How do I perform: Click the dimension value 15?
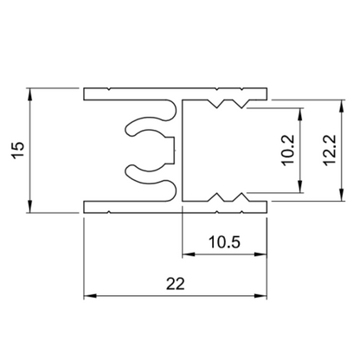(x=20, y=149)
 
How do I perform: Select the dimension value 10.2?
(x=288, y=151)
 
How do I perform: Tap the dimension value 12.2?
(x=326, y=149)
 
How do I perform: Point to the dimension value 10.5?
(x=225, y=242)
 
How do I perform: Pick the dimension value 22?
(x=176, y=283)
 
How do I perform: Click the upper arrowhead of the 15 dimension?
(x=31, y=92)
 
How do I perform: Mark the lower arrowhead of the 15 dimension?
(x=31, y=207)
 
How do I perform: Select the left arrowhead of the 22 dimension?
(x=89, y=296)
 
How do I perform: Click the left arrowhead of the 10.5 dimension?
(x=186, y=255)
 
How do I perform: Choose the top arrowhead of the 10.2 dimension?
(x=300, y=112)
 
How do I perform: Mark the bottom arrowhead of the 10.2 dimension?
(x=300, y=189)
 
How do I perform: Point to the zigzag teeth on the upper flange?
(x=227, y=104)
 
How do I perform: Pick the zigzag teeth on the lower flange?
(x=227, y=196)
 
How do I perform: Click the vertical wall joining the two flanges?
(x=180, y=149)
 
